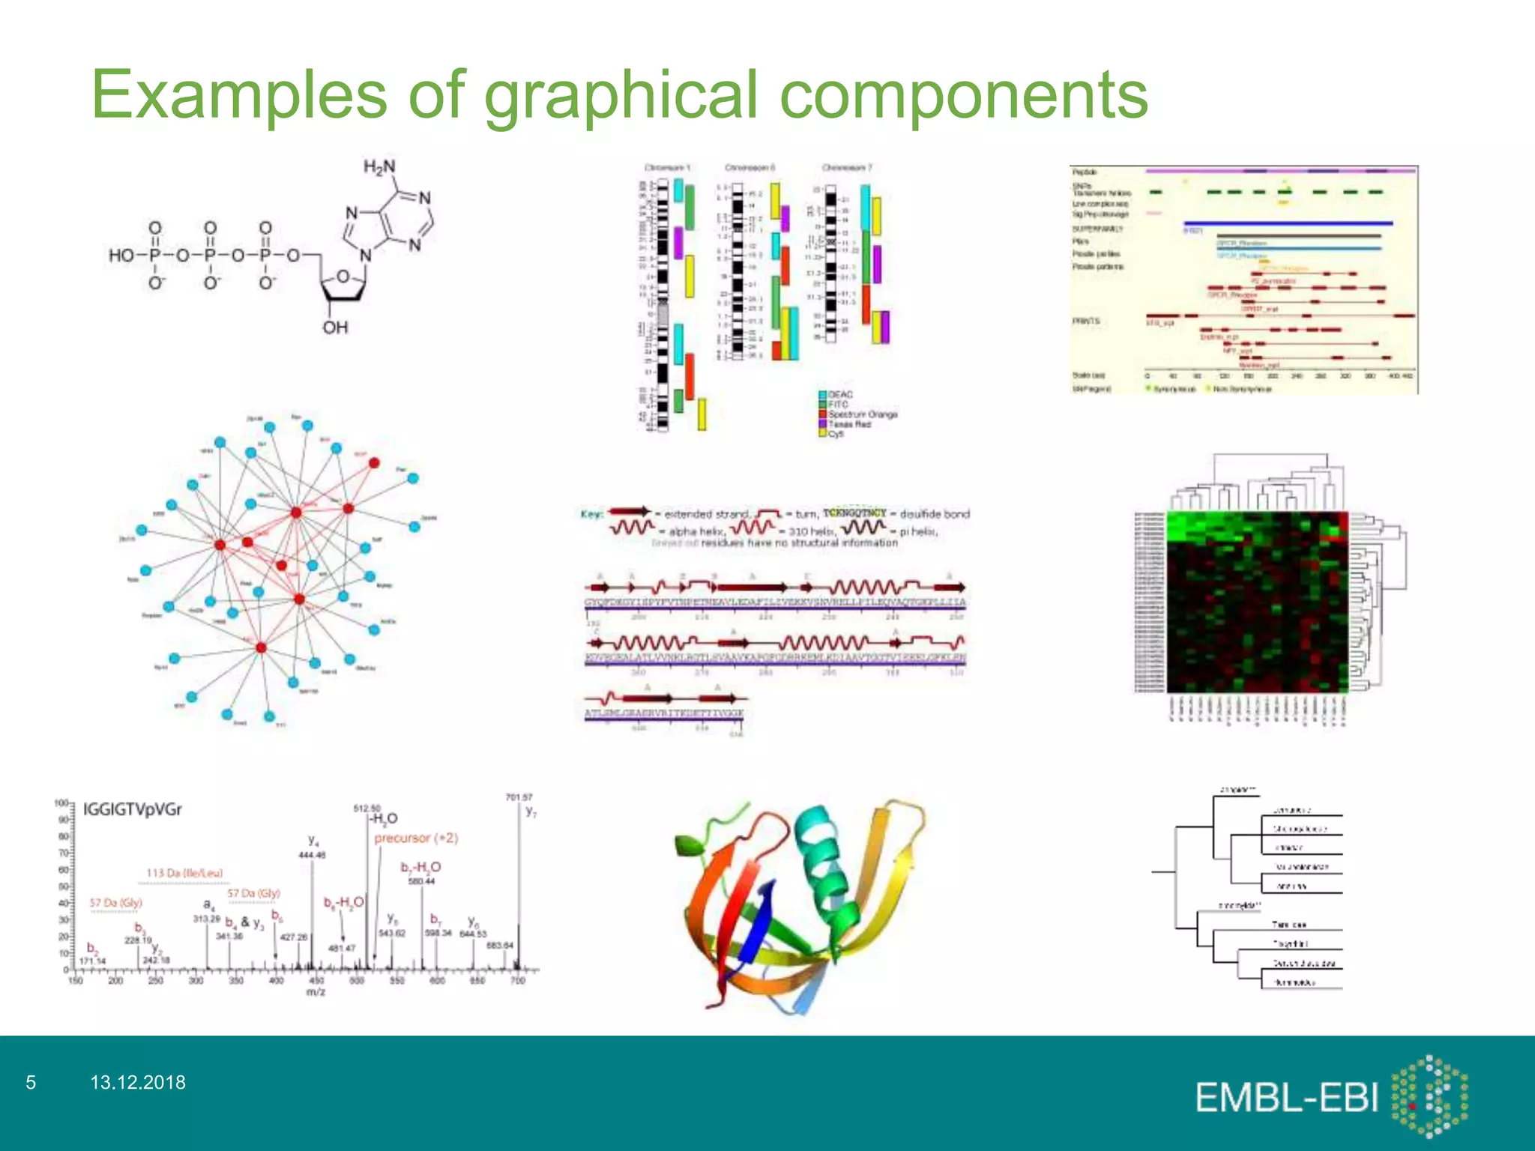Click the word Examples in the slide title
click(239, 96)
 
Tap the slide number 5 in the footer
click(31, 1082)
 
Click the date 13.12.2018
click(138, 1082)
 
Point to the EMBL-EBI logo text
click(1286, 1098)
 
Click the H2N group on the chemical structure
click(379, 167)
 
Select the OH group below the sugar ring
click(335, 327)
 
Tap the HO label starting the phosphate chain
click(121, 256)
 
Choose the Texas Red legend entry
click(848, 424)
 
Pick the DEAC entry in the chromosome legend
click(839, 394)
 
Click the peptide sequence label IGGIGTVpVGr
click(132, 809)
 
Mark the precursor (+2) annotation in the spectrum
click(416, 838)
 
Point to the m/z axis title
click(316, 992)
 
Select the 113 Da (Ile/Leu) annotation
click(184, 873)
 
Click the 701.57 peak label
click(519, 797)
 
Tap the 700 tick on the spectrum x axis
click(518, 980)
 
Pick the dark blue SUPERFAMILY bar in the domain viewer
click(1288, 223)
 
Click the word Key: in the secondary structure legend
click(591, 514)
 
